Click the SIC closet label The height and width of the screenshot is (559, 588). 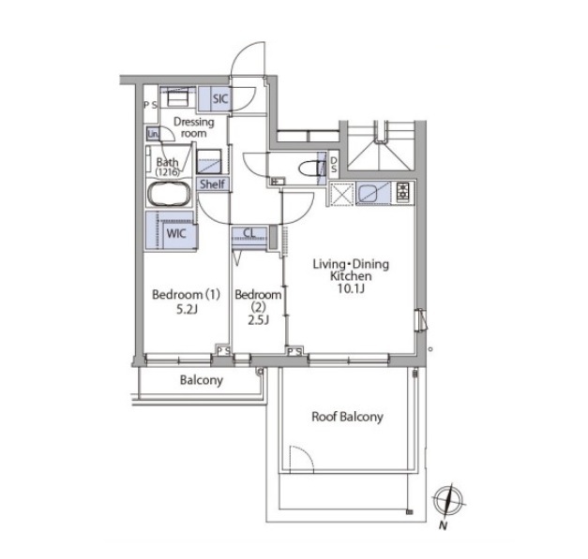(220, 99)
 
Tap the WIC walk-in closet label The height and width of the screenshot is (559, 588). (176, 234)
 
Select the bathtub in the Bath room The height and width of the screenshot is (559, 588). (169, 194)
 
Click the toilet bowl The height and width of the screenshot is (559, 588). (310, 169)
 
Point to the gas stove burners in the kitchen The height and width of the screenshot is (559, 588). (403, 193)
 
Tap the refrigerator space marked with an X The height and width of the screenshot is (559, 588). (341, 194)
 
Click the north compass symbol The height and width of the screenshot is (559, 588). (448, 501)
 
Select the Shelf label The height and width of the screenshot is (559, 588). (212, 184)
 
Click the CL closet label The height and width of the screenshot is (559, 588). (249, 233)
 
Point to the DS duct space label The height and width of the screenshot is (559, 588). (333, 165)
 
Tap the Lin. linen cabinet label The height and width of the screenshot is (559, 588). (153, 134)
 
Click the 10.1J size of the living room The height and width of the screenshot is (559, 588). (351, 288)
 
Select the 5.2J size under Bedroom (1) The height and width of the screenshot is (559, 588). (187, 310)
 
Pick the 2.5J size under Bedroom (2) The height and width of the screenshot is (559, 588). (258, 320)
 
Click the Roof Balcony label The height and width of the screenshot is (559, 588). (347, 417)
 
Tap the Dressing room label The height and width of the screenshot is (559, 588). (194, 127)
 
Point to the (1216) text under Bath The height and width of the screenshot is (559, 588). (167, 172)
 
